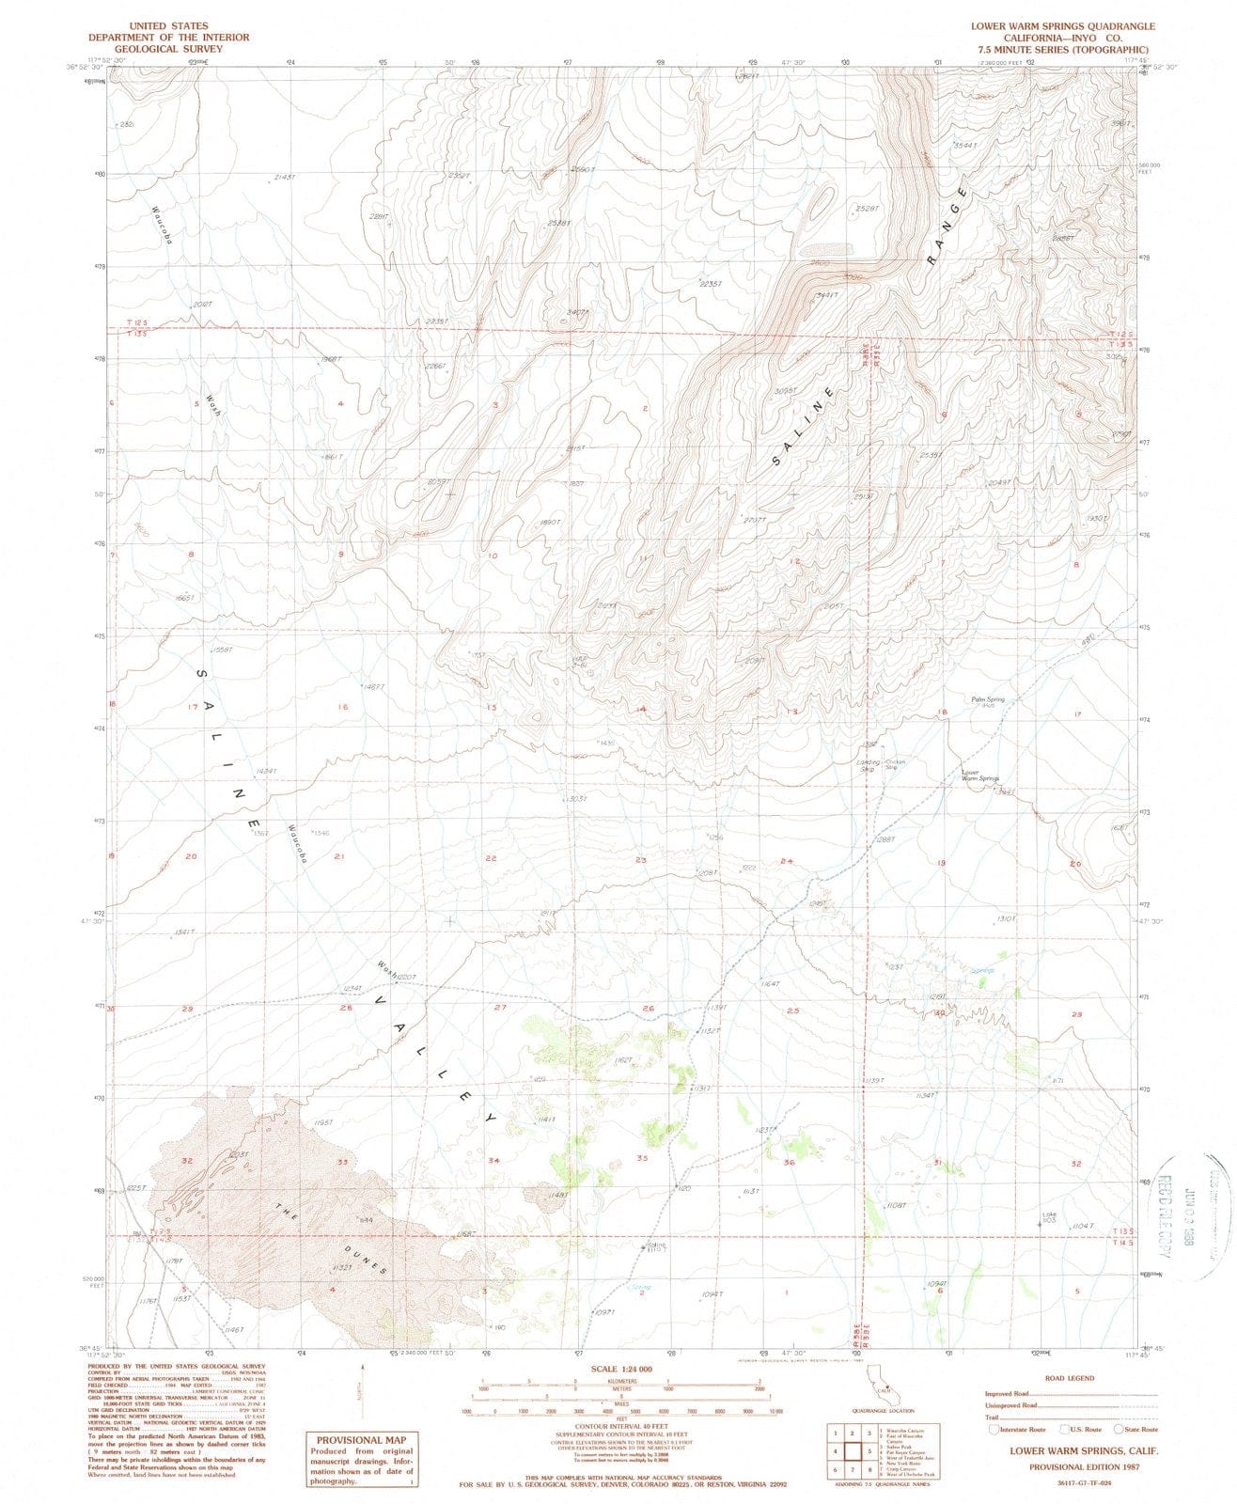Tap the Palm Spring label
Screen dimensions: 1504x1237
988,699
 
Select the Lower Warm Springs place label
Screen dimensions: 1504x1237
979,776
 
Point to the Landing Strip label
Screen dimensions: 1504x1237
868,765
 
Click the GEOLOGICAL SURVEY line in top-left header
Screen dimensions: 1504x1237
169,49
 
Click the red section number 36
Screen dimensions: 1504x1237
790,1163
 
